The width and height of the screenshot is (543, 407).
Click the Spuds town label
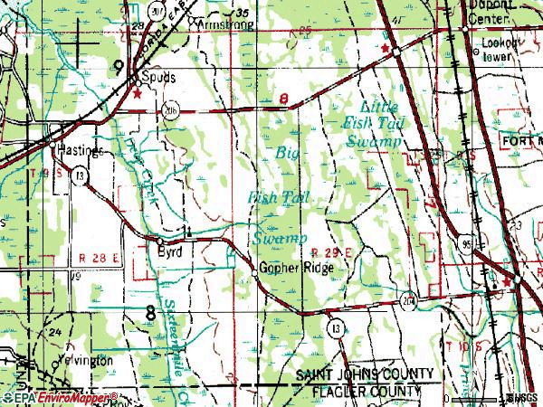[x=158, y=78]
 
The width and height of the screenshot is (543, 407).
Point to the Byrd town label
[x=170, y=252]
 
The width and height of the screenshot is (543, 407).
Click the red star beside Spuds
[x=138, y=93]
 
